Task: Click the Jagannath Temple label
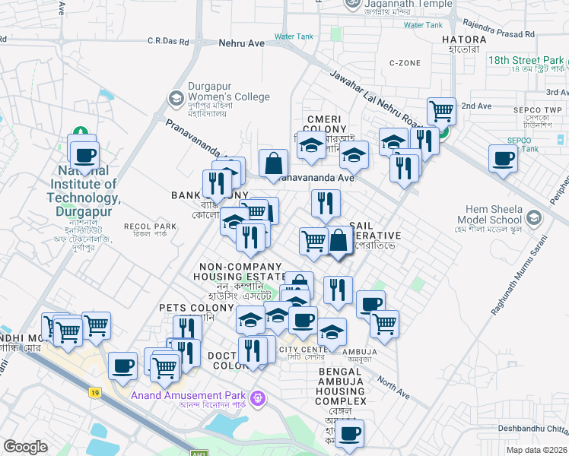click(x=398, y=3)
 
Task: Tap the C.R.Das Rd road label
click(x=172, y=40)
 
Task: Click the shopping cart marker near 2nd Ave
click(x=441, y=111)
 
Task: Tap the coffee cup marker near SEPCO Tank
click(x=503, y=159)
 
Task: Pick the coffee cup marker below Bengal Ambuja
click(x=350, y=433)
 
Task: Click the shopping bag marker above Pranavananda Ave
click(x=273, y=162)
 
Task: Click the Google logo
click(x=26, y=447)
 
